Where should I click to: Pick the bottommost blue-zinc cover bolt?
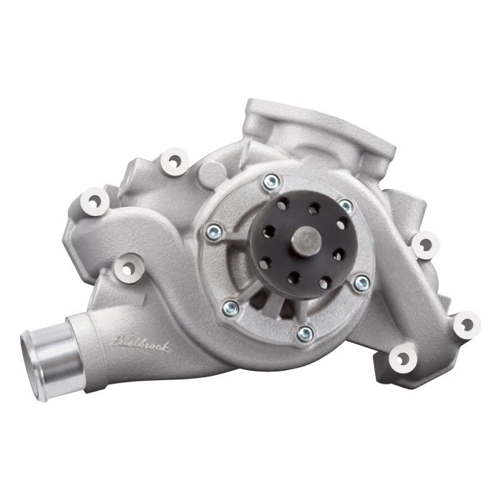(305, 332)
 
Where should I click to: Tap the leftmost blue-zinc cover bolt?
(213, 230)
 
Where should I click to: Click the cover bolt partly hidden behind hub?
(346, 206)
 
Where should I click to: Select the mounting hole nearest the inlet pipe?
(129, 266)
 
